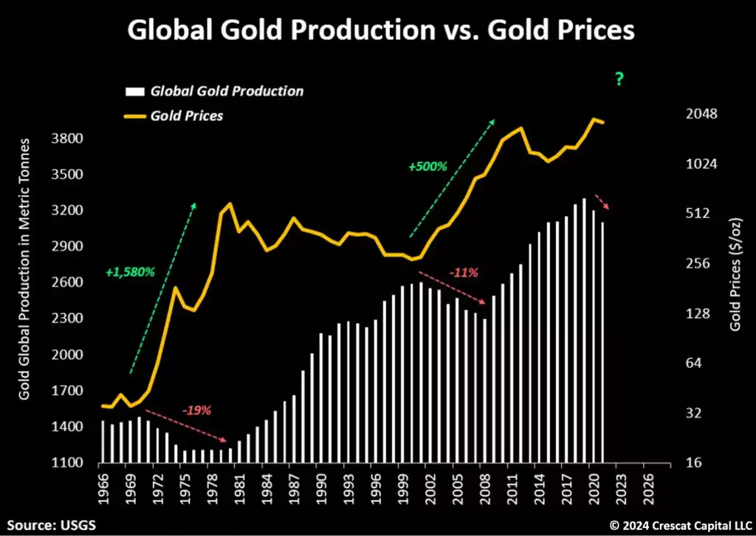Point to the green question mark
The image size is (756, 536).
click(619, 80)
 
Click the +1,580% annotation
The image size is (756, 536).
click(130, 272)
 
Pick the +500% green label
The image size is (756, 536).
click(428, 167)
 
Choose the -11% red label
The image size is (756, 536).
click(464, 272)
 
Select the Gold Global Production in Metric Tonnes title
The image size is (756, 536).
click(24, 269)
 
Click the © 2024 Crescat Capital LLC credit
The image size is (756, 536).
click(678, 525)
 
